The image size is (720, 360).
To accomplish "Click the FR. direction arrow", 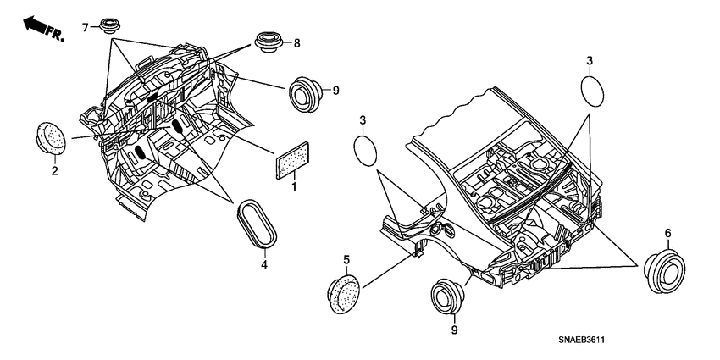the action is pos(43,28).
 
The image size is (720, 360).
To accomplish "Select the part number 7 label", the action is pos(85,28).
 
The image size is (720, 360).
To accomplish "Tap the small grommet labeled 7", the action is pos(110,25).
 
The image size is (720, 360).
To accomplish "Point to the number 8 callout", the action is pos(296,43).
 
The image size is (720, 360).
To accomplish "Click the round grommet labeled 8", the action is pos(269,42).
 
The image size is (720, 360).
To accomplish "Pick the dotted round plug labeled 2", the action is pos(51,138).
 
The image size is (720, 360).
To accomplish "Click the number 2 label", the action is pos(54,171).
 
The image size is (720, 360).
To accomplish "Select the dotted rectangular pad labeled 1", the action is pos(292,160).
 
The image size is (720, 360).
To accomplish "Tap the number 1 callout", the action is pos(294,187).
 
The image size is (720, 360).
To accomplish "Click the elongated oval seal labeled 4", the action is pos(257,224).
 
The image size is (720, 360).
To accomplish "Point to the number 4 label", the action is pos(264,264).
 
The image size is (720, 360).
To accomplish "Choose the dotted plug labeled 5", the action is pos(344,294).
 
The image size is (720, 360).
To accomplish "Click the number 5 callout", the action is pos(346,260).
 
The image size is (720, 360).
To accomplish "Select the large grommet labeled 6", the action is pos(664,271).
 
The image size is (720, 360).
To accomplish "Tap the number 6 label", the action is pos(667,233).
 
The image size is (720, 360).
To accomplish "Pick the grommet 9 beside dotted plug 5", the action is pos(448,296).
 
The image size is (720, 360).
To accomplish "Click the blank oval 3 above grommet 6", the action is pos(592,91).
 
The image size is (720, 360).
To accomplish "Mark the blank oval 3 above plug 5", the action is pos(366,151).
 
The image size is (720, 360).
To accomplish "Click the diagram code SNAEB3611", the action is pos(581,340).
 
